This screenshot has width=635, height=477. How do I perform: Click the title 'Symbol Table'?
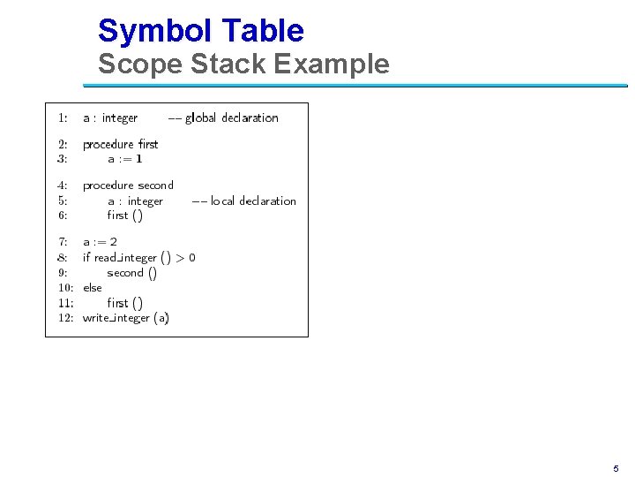click(200, 31)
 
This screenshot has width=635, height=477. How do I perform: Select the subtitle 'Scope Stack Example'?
click(243, 64)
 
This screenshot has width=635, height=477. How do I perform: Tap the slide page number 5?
click(616, 468)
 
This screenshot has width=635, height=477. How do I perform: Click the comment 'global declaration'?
click(231, 118)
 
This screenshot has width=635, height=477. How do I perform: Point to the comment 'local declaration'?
click(252, 201)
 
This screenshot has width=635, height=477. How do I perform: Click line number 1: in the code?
click(63, 117)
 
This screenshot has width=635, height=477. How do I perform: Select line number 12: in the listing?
click(65, 318)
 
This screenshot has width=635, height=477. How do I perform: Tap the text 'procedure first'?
click(120, 144)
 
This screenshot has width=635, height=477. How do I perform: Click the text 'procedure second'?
click(128, 185)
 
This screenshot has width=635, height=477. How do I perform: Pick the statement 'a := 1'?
click(124, 159)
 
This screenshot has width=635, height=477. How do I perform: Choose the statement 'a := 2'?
click(100, 242)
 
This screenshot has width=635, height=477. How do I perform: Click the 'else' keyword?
click(92, 288)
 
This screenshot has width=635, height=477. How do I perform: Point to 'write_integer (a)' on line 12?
click(126, 318)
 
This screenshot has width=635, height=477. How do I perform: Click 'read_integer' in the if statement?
click(125, 258)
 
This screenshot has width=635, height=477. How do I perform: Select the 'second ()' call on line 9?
click(131, 273)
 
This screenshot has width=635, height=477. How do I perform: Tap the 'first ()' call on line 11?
click(124, 303)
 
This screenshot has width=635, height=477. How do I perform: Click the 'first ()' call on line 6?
click(124, 216)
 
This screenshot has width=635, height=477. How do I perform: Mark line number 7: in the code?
click(63, 242)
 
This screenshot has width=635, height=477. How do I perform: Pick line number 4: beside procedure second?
click(63, 185)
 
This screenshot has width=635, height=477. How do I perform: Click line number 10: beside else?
click(65, 288)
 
